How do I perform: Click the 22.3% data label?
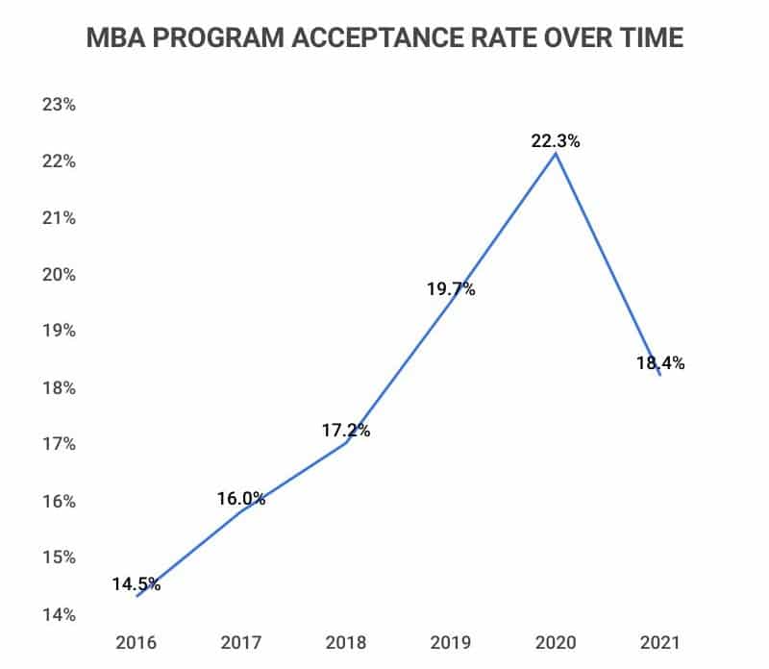tap(555, 140)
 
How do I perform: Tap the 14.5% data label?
tap(136, 583)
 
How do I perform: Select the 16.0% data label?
tap(240, 498)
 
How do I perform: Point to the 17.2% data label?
tap(345, 431)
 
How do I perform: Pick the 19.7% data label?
tap(450, 288)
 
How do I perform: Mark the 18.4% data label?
tap(659, 363)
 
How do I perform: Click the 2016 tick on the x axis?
tap(136, 642)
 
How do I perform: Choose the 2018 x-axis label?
tap(345, 642)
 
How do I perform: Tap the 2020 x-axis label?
tap(555, 642)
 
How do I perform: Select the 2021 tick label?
tap(659, 642)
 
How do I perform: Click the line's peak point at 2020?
tap(555, 154)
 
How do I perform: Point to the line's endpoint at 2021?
tap(659, 374)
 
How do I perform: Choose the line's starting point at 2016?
tap(136, 596)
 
